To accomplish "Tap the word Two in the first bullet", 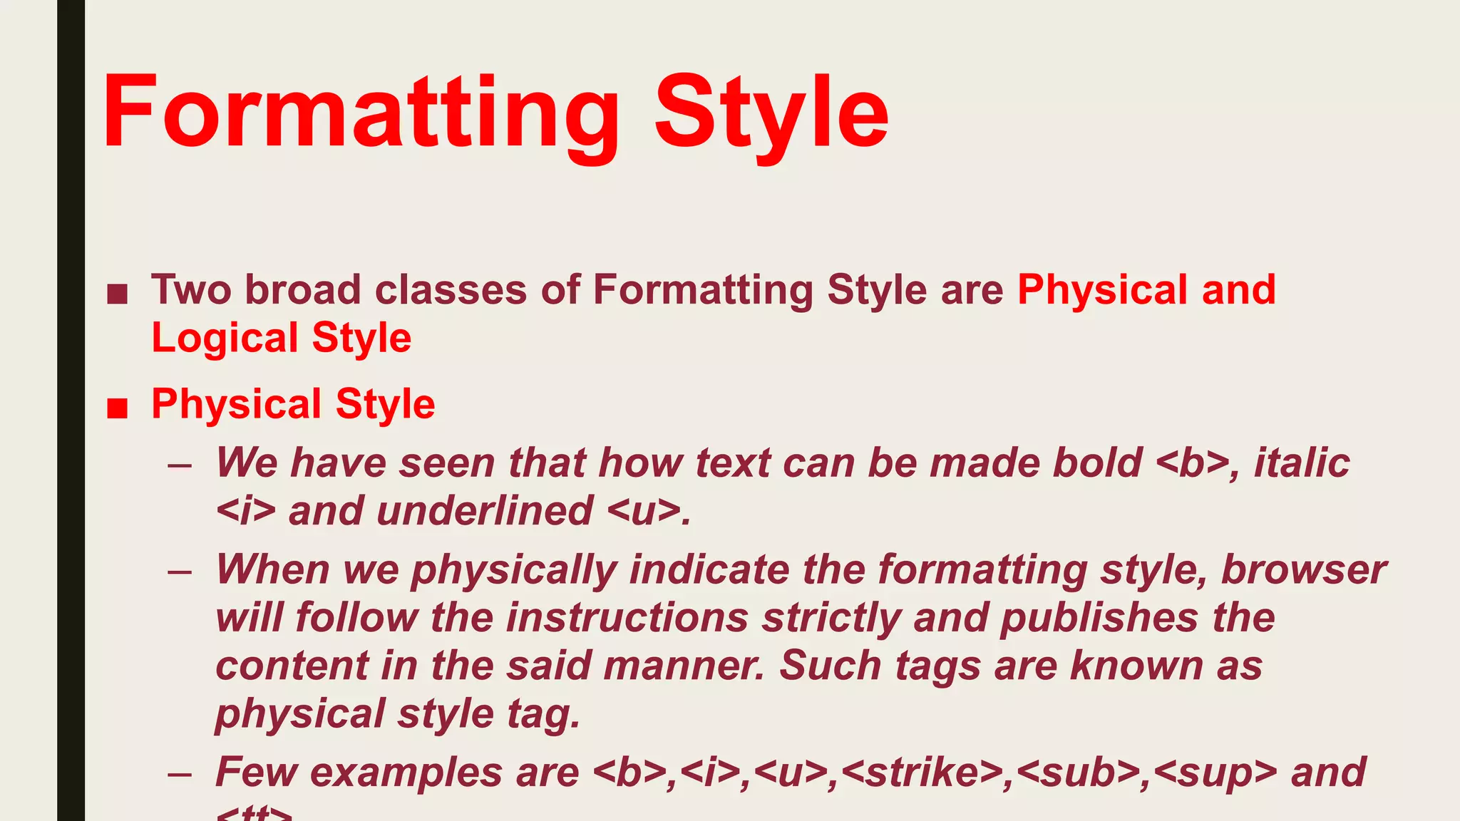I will point(191,290).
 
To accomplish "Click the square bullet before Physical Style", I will point(117,408).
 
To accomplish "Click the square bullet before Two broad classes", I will point(117,294).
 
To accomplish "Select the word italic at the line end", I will point(1302,463).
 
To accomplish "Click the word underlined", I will point(484,511).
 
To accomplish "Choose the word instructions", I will point(627,618).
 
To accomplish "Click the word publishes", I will point(1099,618).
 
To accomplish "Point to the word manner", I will point(682,666).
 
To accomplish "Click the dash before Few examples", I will point(180,775).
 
